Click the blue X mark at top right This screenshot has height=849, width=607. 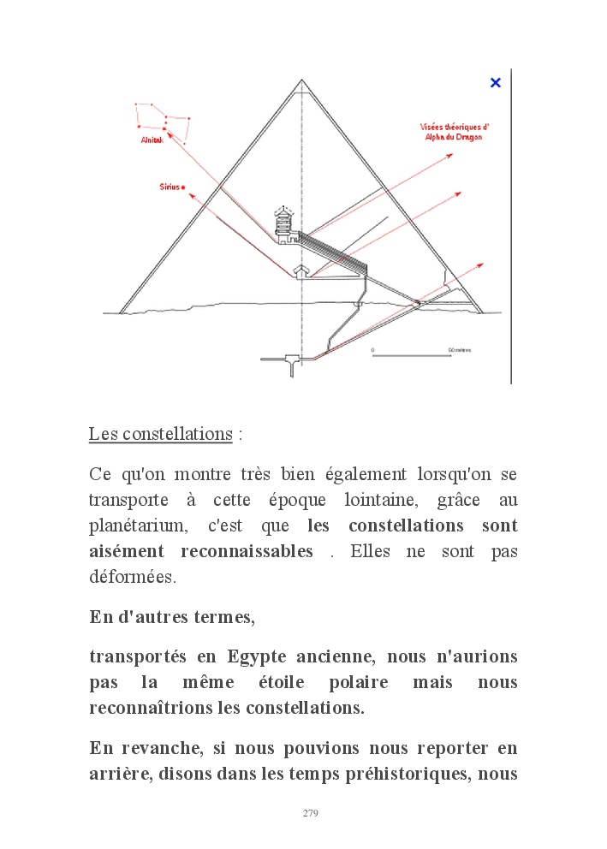pyautogui.click(x=495, y=82)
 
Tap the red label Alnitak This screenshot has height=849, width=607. pyautogui.click(x=152, y=140)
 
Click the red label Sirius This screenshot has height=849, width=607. pyautogui.click(x=170, y=186)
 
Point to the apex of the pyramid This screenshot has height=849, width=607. pyautogui.click(x=301, y=80)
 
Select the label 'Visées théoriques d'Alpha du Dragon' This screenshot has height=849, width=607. pyautogui.click(x=454, y=131)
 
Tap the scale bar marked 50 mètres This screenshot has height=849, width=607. pyautogui.click(x=411, y=354)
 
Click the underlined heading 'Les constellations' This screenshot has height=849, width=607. pyautogui.click(x=161, y=434)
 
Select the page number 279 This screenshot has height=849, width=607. pyautogui.click(x=311, y=813)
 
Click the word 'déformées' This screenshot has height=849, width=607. pyautogui.click(x=132, y=578)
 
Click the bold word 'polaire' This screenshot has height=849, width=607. pyautogui.click(x=358, y=683)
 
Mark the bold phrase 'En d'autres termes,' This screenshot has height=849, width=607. pyautogui.click(x=172, y=617)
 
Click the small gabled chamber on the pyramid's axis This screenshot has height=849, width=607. pyautogui.click(x=301, y=271)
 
